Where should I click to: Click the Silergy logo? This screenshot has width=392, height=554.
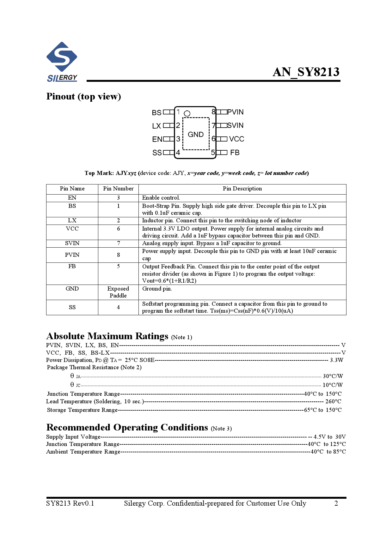[x=62, y=62]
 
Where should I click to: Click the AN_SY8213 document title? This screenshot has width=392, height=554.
[x=306, y=72]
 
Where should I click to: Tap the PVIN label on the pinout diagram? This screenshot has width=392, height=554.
[x=236, y=112]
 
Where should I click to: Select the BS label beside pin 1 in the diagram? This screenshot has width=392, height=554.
[x=156, y=113]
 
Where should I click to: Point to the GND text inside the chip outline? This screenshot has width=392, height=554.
[x=196, y=135]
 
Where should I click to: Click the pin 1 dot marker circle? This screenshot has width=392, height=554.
[x=187, y=113]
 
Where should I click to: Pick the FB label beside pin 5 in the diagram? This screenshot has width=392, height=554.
[x=235, y=153]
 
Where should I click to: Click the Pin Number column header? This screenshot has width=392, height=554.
[x=118, y=189]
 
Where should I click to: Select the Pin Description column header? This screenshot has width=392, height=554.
[x=242, y=189]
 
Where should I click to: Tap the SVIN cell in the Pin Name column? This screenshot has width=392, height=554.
[x=72, y=243]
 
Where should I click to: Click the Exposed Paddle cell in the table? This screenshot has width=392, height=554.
[x=118, y=292]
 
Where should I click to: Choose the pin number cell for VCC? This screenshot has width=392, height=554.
[x=118, y=229]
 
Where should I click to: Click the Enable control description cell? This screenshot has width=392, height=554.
[x=161, y=198]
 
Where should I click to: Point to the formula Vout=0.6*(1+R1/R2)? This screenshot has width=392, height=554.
[x=169, y=281]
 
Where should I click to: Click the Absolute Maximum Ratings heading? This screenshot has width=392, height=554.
[x=107, y=336]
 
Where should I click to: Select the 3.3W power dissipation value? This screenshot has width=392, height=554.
[x=336, y=360]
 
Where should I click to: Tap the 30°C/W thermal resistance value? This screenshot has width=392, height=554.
[x=333, y=376]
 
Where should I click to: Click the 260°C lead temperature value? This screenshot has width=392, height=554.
[x=333, y=401]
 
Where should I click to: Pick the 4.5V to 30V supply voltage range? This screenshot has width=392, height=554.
[x=329, y=437]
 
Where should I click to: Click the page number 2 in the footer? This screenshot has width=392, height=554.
[x=336, y=503]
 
